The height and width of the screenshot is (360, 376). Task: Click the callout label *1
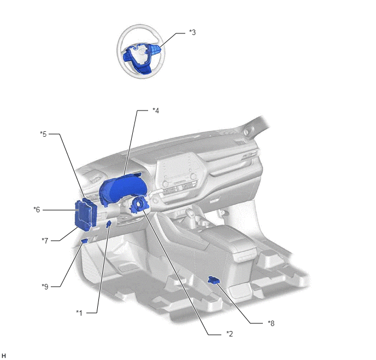click(79, 313)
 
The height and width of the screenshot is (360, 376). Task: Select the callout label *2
click(230, 334)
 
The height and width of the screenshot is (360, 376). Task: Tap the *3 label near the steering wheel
click(192, 32)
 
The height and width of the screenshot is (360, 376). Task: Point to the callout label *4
click(156, 111)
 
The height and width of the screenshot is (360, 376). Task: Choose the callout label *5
click(43, 134)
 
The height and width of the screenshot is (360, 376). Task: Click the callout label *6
click(37, 210)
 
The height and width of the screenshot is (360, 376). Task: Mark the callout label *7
click(45, 241)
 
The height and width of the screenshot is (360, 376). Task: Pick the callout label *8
click(271, 323)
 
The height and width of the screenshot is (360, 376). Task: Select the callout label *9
click(45, 287)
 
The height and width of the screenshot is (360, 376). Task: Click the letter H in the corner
click(4, 356)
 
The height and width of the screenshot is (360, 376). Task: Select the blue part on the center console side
click(214, 280)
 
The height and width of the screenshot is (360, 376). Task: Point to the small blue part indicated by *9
click(84, 241)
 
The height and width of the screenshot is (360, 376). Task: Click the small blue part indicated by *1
click(108, 224)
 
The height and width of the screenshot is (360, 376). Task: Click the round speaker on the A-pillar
click(246, 131)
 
